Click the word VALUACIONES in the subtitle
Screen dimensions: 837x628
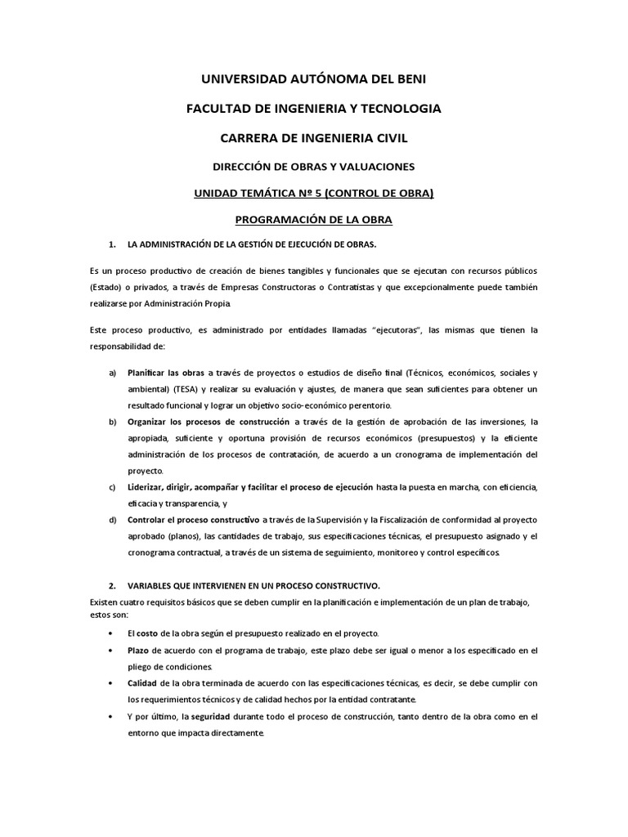(x=375, y=167)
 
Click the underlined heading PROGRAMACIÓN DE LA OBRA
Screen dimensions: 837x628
(x=314, y=220)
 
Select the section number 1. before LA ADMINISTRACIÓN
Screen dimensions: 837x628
(x=113, y=245)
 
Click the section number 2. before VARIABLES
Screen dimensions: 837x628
(x=113, y=586)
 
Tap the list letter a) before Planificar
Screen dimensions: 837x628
(x=113, y=373)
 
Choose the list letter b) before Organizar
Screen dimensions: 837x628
(x=113, y=422)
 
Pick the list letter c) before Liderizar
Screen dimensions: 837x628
(x=113, y=487)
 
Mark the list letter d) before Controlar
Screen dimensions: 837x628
(x=113, y=520)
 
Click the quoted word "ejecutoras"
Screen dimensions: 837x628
(x=397, y=330)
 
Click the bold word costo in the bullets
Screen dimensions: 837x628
(x=147, y=633)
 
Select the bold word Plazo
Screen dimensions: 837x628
(x=137, y=651)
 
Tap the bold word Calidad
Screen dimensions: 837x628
(x=141, y=683)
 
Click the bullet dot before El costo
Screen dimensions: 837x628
(x=111, y=634)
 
